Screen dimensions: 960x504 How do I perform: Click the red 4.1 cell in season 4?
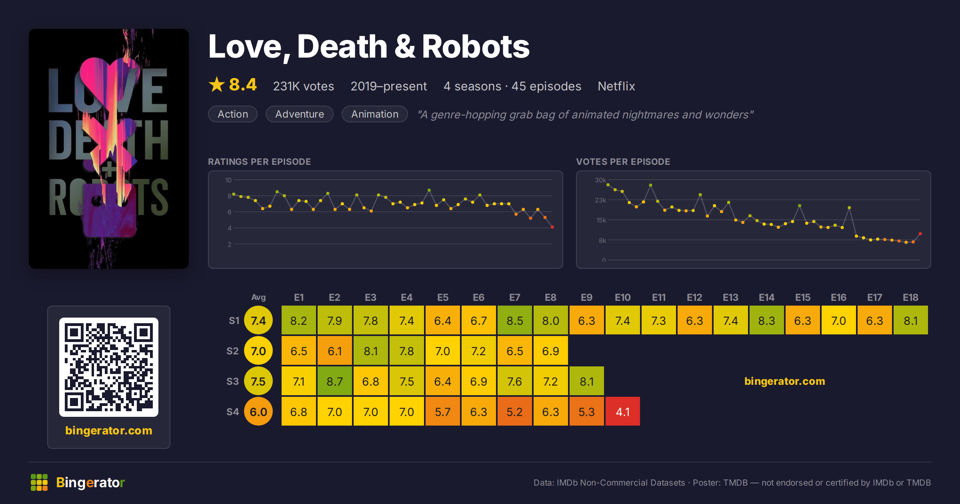pyautogui.click(x=623, y=411)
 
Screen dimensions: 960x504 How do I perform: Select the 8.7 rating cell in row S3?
pyautogui.click(x=335, y=381)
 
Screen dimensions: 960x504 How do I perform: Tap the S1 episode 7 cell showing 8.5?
pyautogui.click(x=515, y=320)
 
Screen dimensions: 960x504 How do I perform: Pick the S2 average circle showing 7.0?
pyautogui.click(x=258, y=351)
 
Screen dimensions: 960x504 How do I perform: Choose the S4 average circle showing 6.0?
pyautogui.click(x=258, y=412)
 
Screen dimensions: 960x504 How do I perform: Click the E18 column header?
pyautogui.click(x=910, y=297)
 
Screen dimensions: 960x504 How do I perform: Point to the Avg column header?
pyautogui.click(x=258, y=297)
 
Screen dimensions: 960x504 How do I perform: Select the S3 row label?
pyautogui.click(x=232, y=381)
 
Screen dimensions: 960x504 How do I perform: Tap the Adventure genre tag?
pyautogui.click(x=300, y=114)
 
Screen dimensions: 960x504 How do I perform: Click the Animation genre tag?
pyautogui.click(x=375, y=114)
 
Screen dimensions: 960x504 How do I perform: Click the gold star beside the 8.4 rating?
pyautogui.click(x=217, y=84)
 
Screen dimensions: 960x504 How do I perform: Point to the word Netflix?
pyautogui.click(x=616, y=86)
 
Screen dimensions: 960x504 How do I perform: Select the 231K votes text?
pyautogui.click(x=304, y=86)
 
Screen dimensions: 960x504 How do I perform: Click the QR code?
pyautogui.click(x=109, y=367)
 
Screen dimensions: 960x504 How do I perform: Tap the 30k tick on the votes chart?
pyautogui.click(x=600, y=180)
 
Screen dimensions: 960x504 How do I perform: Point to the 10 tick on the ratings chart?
pyautogui.click(x=228, y=180)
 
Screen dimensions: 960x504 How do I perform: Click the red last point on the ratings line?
pyautogui.click(x=552, y=227)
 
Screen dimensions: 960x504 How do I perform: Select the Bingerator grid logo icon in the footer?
pyautogui.click(x=39, y=482)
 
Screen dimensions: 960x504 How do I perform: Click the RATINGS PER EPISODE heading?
pyautogui.click(x=259, y=162)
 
